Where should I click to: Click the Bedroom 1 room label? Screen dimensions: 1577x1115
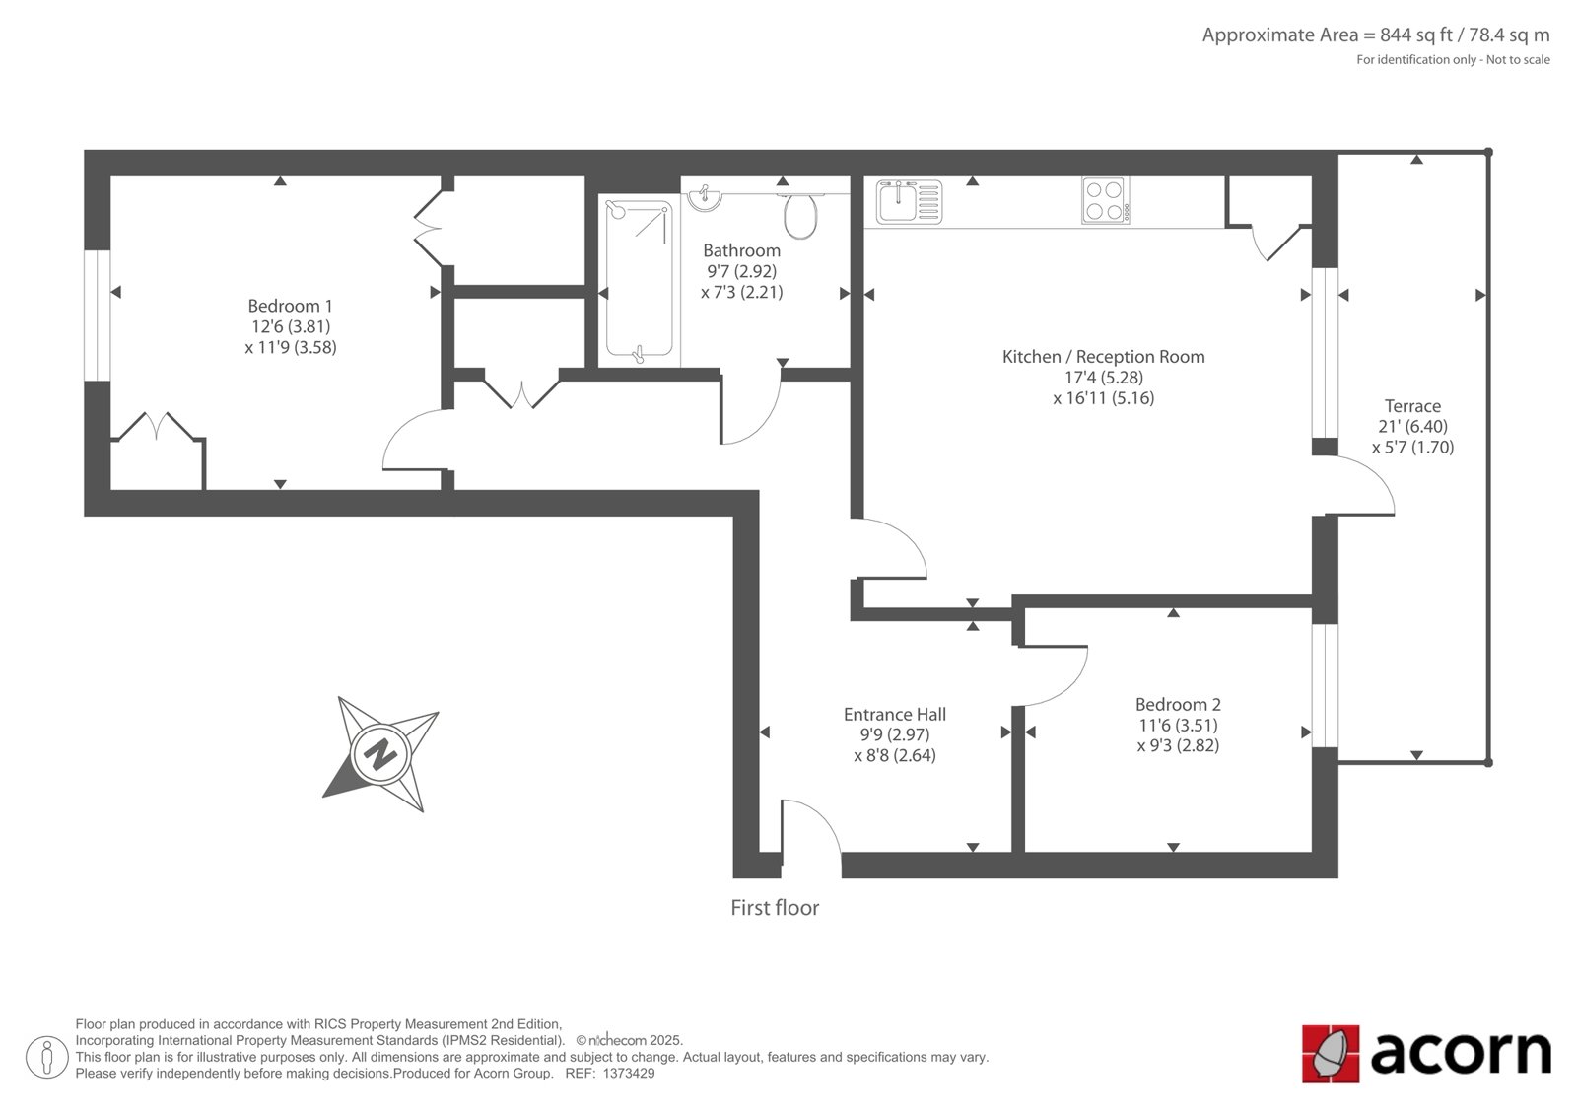coord(290,306)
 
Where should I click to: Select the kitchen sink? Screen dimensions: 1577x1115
coord(909,202)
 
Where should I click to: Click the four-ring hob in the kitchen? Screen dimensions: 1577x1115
coord(1105,201)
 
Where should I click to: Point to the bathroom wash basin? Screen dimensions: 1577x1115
coord(705,197)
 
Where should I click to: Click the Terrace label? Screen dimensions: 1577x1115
coord(1412,406)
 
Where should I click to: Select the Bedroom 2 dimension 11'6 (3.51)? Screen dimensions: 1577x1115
coord(1178,725)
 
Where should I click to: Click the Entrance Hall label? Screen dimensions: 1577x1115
coord(895,714)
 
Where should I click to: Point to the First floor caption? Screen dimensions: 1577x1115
coord(775,908)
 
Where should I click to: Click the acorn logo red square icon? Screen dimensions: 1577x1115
coord(1330,1054)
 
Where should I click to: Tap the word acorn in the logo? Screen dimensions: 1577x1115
coord(1461,1052)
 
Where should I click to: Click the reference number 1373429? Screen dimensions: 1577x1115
coord(628,1074)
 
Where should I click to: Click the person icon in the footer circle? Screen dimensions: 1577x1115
coord(47,1057)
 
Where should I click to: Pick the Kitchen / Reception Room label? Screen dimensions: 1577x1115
coord(1103,357)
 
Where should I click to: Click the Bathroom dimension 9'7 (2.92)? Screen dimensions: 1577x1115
coord(741,271)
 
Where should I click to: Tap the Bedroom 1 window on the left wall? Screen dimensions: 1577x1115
coord(98,314)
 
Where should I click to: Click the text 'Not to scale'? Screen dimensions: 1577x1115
coord(1518,60)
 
